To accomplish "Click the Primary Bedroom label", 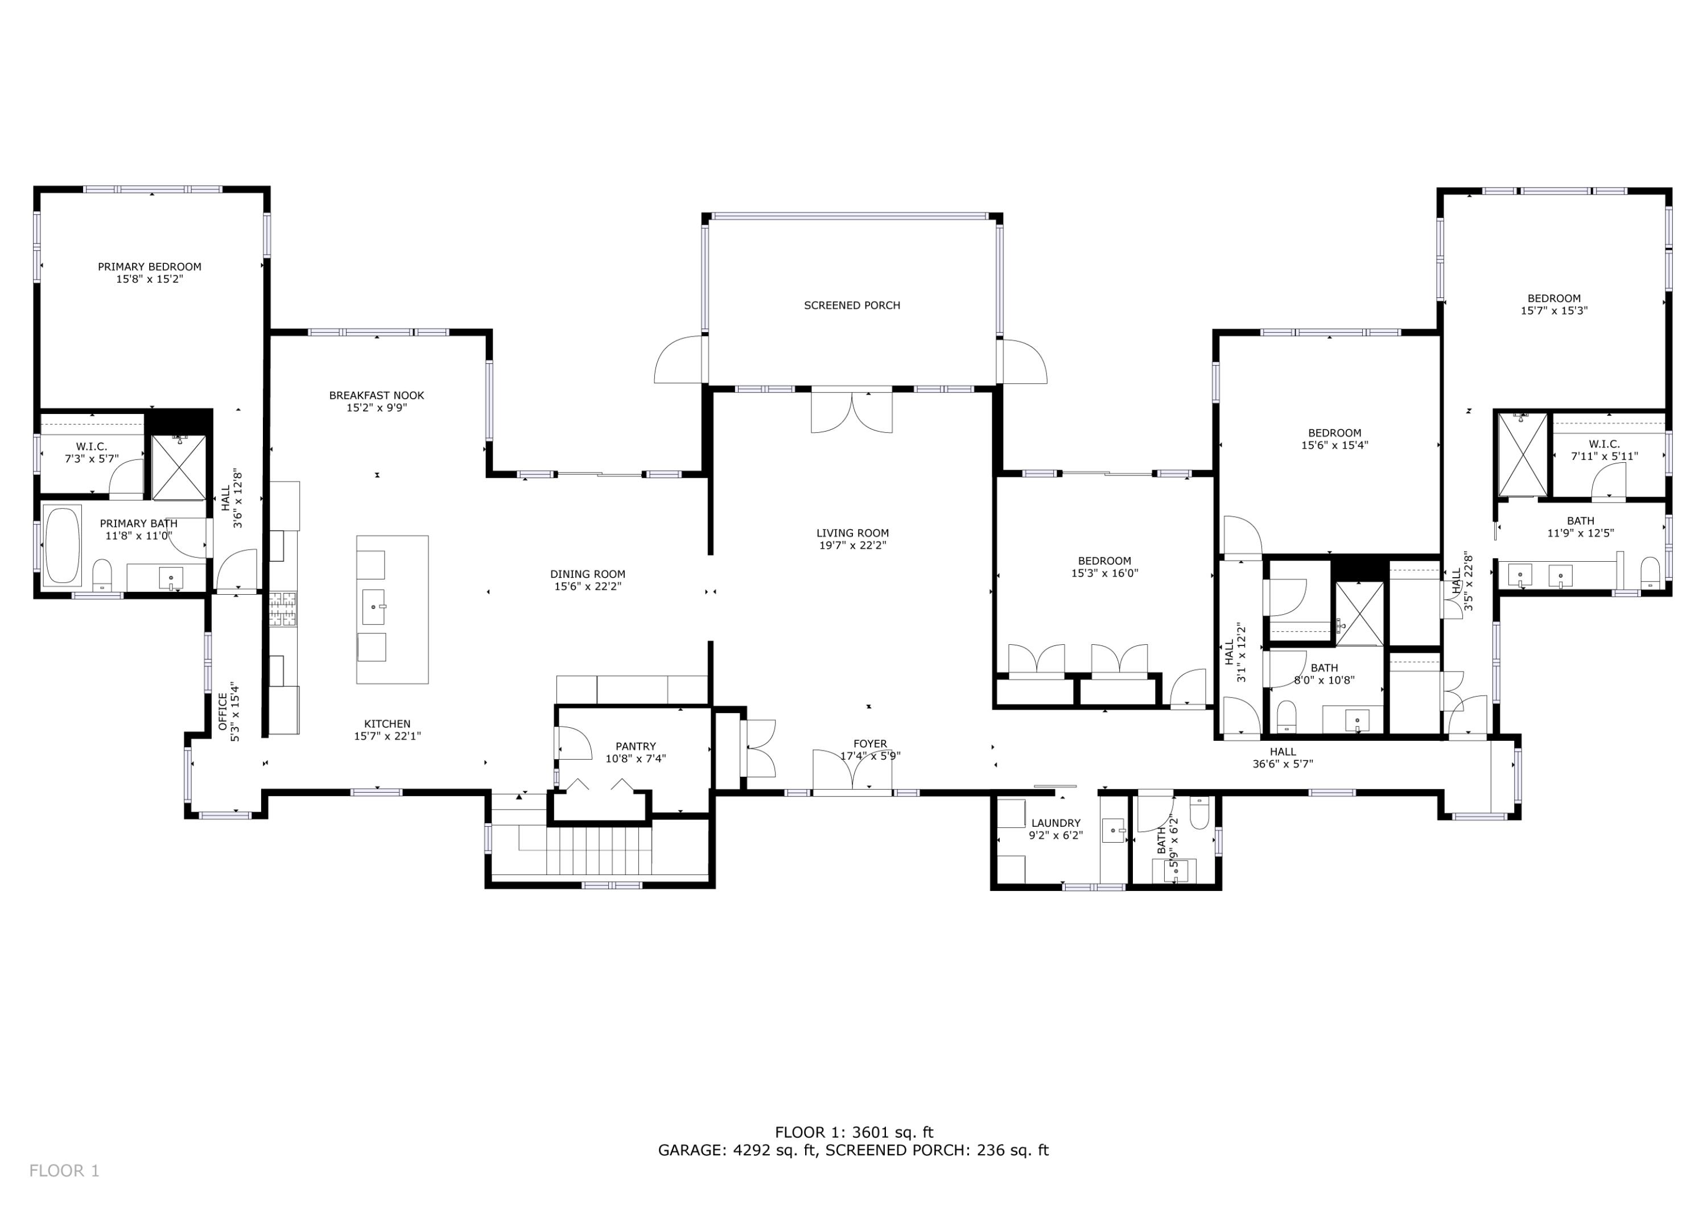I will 150,267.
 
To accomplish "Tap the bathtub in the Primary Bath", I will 63,546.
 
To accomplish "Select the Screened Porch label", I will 852,305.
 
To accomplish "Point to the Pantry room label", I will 636,746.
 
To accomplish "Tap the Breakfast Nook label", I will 377,395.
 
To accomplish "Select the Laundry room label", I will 1055,823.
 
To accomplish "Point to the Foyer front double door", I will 852,771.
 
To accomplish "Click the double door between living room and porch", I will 852,411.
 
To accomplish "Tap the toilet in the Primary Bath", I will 102,575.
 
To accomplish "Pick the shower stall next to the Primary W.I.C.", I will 179,467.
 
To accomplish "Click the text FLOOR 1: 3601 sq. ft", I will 853,1133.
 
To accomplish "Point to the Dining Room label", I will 587,574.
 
